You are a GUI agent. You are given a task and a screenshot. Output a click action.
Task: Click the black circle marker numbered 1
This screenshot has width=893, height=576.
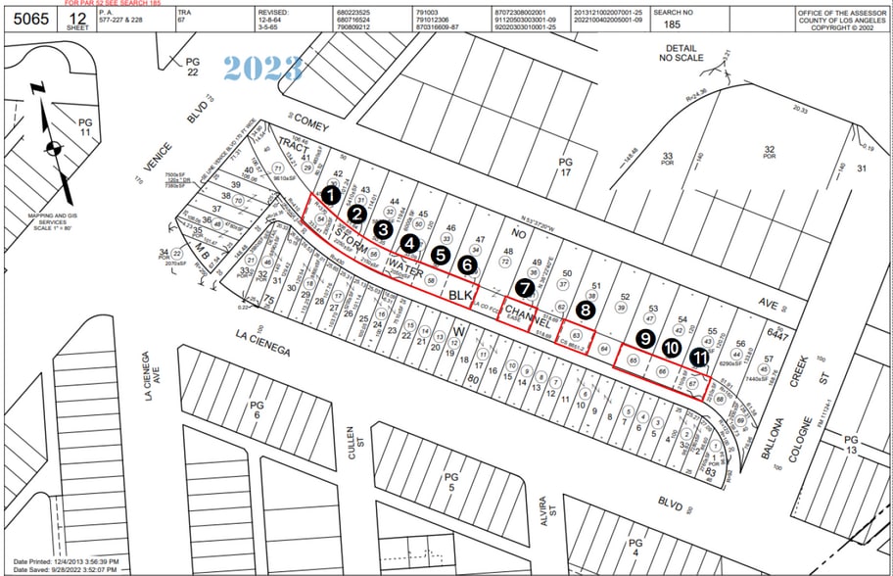click(332, 195)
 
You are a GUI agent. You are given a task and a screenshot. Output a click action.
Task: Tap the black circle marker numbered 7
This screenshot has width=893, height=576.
click(527, 288)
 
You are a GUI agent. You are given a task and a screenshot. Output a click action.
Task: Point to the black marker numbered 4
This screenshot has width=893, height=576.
click(410, 243)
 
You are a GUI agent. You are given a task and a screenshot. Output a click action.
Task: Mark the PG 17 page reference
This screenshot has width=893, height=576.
click(564, 168)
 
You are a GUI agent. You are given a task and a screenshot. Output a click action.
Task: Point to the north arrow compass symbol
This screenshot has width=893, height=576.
click(52, 148)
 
